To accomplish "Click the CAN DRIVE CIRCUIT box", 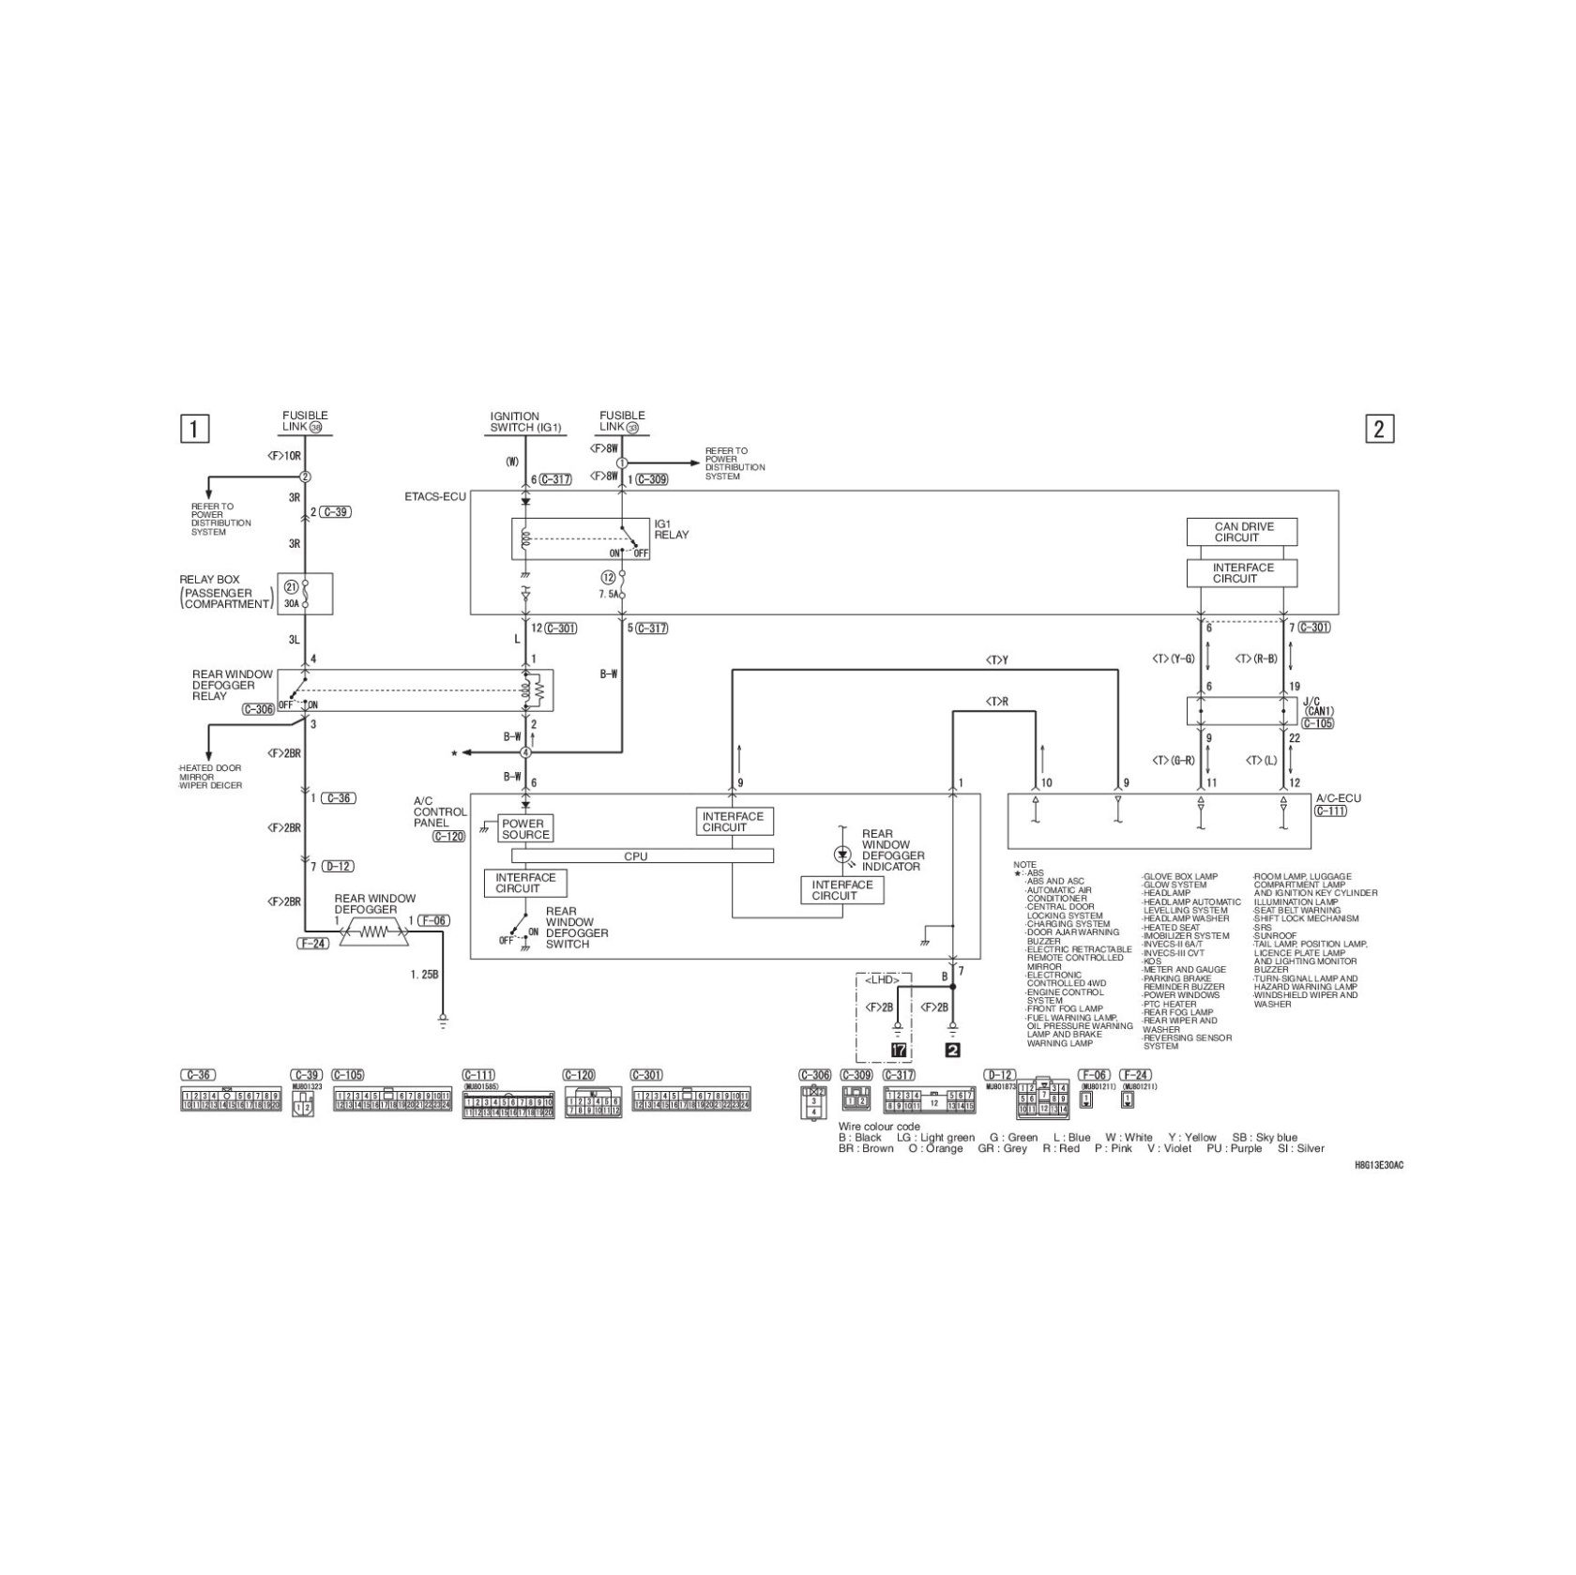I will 1241,532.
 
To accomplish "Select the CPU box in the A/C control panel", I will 642,856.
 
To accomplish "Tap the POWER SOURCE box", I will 524,829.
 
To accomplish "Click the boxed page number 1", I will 194,429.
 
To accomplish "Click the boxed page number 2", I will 1378,429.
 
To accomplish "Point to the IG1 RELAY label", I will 671,529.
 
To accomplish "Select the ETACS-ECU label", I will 434,496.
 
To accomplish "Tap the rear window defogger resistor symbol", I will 374,932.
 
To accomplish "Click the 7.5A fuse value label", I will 609,595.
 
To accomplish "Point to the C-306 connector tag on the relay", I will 258,709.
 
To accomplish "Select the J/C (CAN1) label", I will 1318,705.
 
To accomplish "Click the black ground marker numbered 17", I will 898,1050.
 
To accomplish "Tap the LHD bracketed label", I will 882,979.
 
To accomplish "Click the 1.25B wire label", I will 424,975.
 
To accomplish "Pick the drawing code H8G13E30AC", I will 1378,1164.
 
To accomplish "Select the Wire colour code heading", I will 878,1126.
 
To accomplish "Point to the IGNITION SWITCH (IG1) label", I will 525,421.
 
